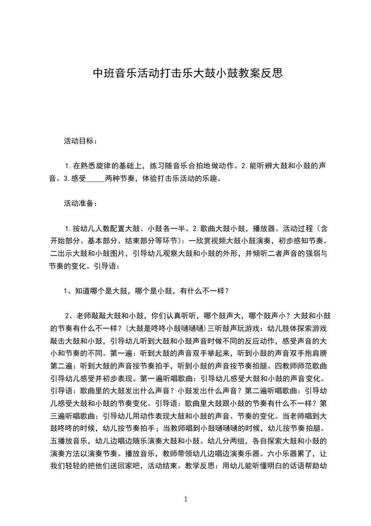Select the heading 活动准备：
point(80,203)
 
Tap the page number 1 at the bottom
point(186,499)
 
